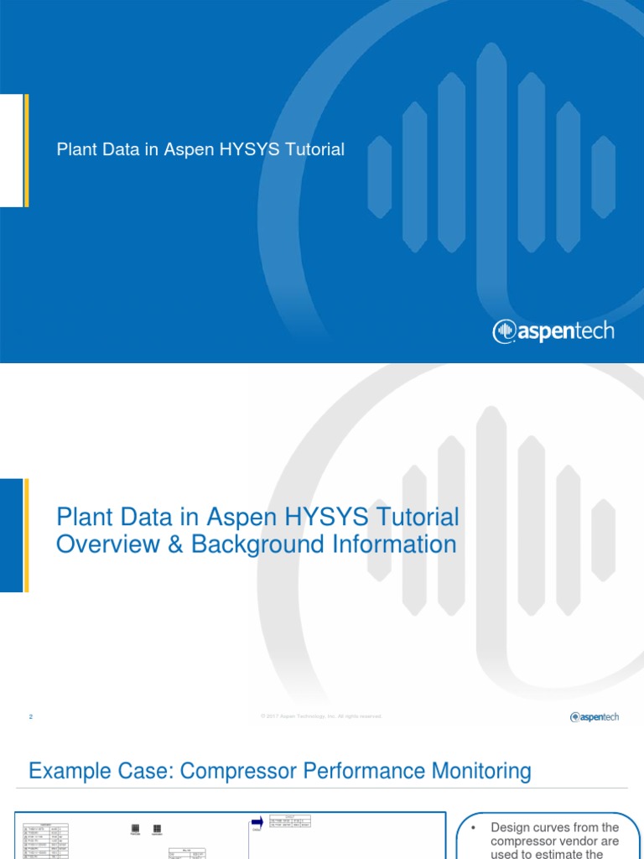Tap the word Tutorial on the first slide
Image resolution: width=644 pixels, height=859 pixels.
314,150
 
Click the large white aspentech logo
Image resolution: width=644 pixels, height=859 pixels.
553,331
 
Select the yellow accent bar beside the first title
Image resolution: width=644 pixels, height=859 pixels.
26,150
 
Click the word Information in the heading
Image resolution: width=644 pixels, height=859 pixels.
390,544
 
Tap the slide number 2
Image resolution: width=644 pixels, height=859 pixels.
31,716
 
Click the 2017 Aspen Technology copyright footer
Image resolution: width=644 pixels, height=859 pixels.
321,716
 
